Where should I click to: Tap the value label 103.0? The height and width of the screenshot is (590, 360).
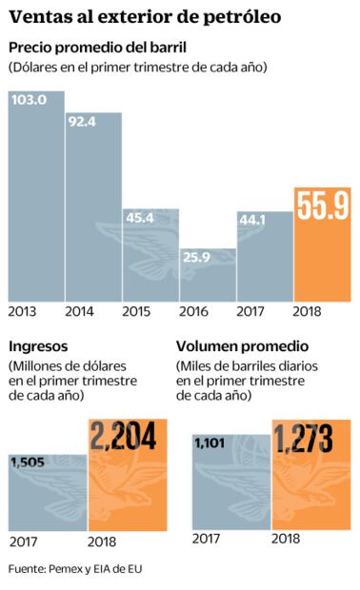[29, 99]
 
